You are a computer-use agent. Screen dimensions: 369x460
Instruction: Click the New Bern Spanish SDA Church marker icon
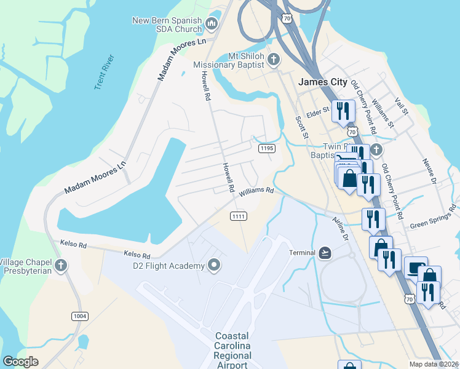pos(212,25)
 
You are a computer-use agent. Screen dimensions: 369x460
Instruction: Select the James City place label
pos(323,82)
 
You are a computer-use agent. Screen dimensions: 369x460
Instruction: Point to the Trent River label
pos(105,72)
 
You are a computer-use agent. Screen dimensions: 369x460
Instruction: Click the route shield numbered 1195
pos(266,148)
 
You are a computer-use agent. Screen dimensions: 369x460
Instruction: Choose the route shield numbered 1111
pos(239,216)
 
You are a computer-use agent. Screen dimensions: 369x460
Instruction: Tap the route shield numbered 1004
pos(80,316)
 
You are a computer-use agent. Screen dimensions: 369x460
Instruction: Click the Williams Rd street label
pos(256,192)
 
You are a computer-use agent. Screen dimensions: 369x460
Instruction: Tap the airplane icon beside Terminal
pos(325,253)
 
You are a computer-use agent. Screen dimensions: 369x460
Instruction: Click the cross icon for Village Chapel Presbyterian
pos(60,266)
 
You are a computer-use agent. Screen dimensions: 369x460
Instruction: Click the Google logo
pos(20,362)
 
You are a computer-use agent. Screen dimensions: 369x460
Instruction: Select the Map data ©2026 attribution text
pos(433,364)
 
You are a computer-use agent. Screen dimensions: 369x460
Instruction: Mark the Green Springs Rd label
pos(434,217)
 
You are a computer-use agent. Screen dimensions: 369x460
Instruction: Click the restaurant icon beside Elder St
pos(343,111)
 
